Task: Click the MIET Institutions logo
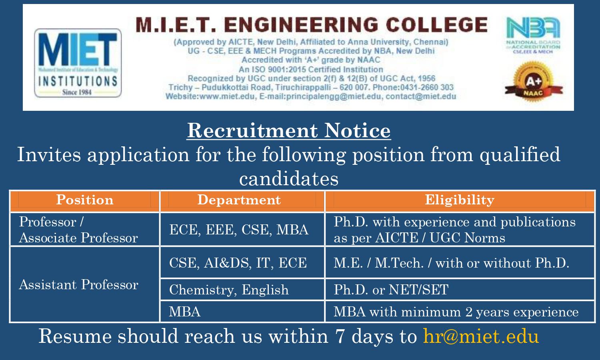(x=78, y=63)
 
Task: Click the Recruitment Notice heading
(x=289, y=130)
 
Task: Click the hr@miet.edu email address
(x=481, y=336)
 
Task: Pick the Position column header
(x=85, y=200)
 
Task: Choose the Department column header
(x=239, y=200)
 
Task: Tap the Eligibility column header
(x=460, y=200)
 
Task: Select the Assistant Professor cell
(x=79, y=285)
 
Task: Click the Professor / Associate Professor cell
(x=79, y=230)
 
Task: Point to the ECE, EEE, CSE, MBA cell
(x=239, y=230)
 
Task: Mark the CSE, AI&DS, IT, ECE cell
(x=238, y=263)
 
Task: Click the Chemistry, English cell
(x=229, y=290)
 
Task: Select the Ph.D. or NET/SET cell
(x=391, y=290)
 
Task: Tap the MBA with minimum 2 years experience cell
(x=456, y=312)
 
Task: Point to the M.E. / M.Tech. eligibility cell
(x=451, y=263)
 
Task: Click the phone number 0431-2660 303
(x=427, y=87)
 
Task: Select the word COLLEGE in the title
(x=437, y=25)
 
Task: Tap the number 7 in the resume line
(x=340, y=336)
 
